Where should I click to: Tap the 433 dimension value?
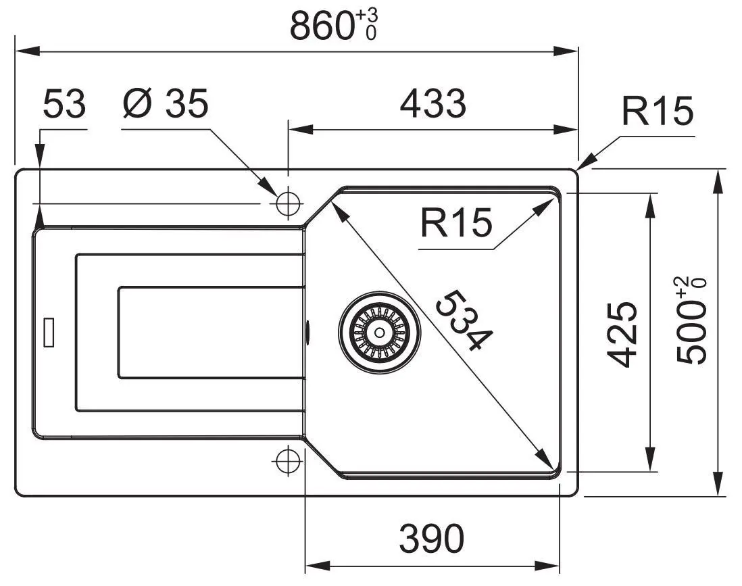pyautogui.click(x=433, y=103)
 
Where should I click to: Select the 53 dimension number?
pyautogui.click(x=64, y=103)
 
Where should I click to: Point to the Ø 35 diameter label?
pyautogui.click(x=165, y=103)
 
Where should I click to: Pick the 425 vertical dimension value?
pyautogui.click(x=622, y=334)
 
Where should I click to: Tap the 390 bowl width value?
pyautogui.click(x=432, y=538)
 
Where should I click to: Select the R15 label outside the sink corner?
pyautogui.click(x=658, y=111)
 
